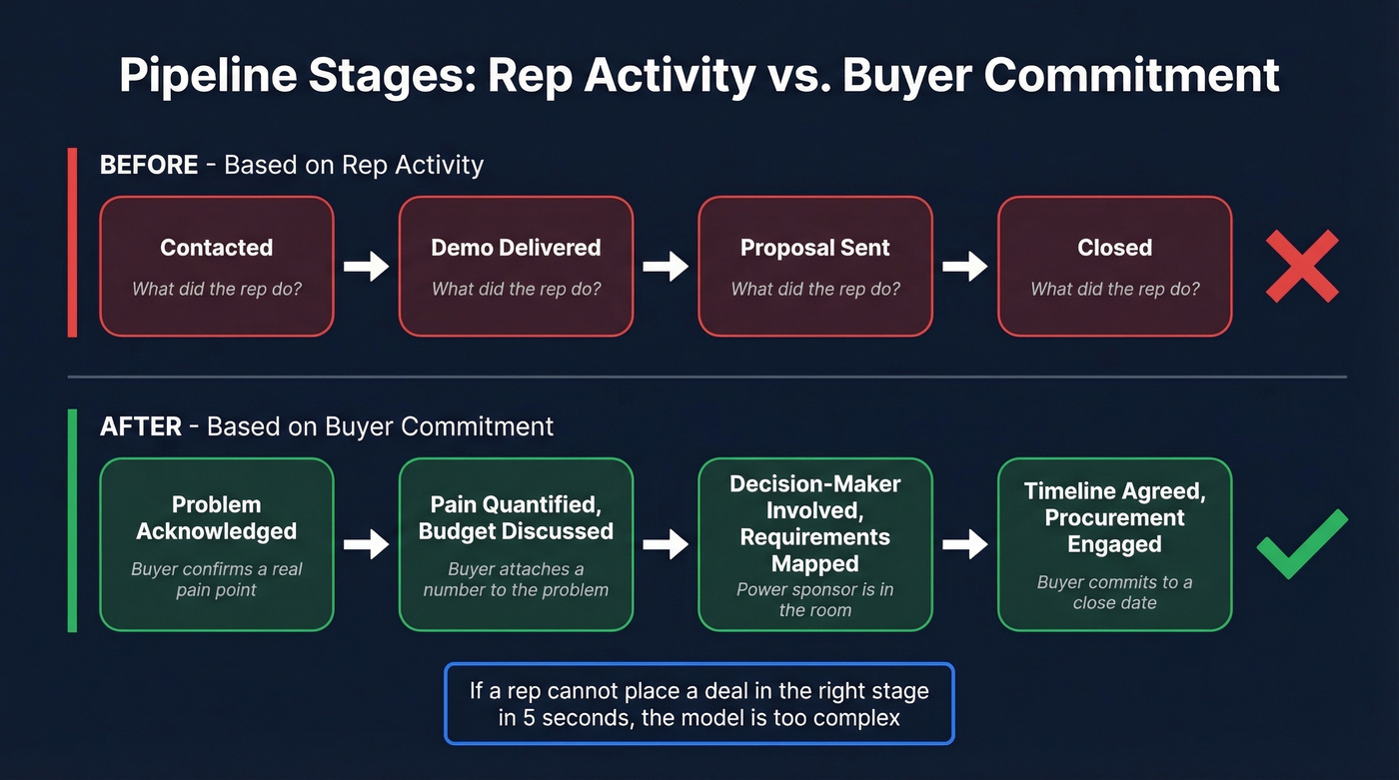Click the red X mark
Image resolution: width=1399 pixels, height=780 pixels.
(x=1301, y=266)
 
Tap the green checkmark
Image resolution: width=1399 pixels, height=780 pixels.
(x=1301, y=543)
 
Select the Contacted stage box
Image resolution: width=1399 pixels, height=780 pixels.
(x=216, y=266)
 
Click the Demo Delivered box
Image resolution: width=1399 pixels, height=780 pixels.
(x=516, y=266)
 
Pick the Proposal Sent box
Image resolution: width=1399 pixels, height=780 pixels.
(x=814, y=266)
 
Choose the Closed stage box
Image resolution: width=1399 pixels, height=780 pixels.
(x=1114, y=266)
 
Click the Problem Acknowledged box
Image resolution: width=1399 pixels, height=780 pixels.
(x=216, y=544)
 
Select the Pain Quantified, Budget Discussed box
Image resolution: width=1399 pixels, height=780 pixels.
(x=516, y=544)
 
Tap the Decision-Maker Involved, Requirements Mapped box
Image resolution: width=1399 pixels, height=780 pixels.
(x=814, y=544)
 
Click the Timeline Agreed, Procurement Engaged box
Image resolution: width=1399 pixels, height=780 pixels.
(x=1114, y=544)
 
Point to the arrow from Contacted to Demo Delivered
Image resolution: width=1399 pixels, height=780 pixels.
(x=366, y=267)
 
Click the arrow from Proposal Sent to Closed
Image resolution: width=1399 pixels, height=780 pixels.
(x=965, y=267)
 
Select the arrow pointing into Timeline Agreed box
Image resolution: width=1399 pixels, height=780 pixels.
(x=965, y=544)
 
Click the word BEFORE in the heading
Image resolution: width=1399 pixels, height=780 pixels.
(x=149, y=165)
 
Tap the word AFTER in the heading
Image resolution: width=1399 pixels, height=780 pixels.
(x=141, y=427)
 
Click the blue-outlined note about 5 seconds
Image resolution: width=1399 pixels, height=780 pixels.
(x=699, y=704)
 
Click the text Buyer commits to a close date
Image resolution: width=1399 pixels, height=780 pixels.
(x=1114, y=592)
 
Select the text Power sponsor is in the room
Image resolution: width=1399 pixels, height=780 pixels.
(x=814, y=599)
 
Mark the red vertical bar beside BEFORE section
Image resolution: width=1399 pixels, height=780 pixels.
(x=72, y=242)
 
